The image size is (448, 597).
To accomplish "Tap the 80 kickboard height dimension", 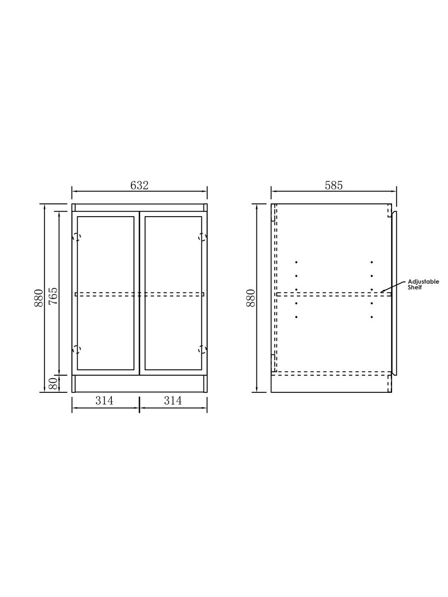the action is coord(54,383).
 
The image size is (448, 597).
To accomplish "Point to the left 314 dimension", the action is coord(104,400).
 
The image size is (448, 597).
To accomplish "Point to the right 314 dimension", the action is coord(173,400).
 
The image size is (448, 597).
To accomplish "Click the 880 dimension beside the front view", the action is coord(38,298).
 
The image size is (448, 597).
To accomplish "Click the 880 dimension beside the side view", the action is coord(250,298).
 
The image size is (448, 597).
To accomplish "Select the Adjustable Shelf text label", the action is coord(423,284).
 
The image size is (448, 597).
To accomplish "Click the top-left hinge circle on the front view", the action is coord(77,237).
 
